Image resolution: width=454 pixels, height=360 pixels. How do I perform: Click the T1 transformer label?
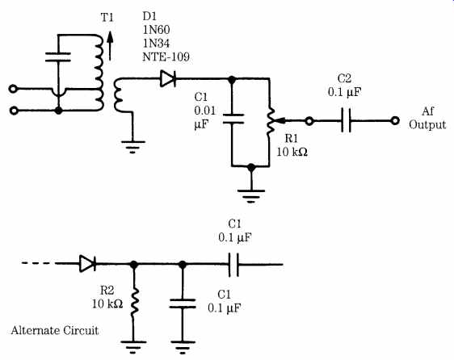coord(107,18)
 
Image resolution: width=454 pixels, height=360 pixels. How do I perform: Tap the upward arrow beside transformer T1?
coord(110,45)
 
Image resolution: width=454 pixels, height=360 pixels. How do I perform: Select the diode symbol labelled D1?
coord(168,79)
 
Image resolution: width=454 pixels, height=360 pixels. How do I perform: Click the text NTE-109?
coord(166,57)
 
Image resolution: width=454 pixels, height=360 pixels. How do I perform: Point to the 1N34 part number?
coord(156,43)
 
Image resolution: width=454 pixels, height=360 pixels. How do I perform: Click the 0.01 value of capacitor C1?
coord(205,111)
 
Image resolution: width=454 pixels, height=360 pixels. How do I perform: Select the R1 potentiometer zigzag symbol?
coord(270,122)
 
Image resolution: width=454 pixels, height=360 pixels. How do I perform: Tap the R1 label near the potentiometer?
coord(292,138)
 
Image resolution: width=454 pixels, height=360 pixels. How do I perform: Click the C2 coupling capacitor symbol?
coord(346,120)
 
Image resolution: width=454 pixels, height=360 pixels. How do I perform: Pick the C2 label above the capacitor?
coord(345,78)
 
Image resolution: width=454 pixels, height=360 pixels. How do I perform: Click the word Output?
coord(427,125)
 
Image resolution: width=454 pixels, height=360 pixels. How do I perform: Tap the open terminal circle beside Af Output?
coord(395,121)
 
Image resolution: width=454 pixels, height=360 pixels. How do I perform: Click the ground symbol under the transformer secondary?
coord(132,146)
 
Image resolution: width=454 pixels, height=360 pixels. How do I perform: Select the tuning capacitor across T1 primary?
coord(58,57)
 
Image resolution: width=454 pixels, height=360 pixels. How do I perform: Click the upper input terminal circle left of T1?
coord(13,89)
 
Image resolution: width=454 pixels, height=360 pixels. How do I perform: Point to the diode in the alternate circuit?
coord(87,264)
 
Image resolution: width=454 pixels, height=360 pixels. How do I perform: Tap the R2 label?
coord(107,291)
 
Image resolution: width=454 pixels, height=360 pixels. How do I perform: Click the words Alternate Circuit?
coord(55,330)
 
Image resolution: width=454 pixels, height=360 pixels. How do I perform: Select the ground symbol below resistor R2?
coord(133,347)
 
